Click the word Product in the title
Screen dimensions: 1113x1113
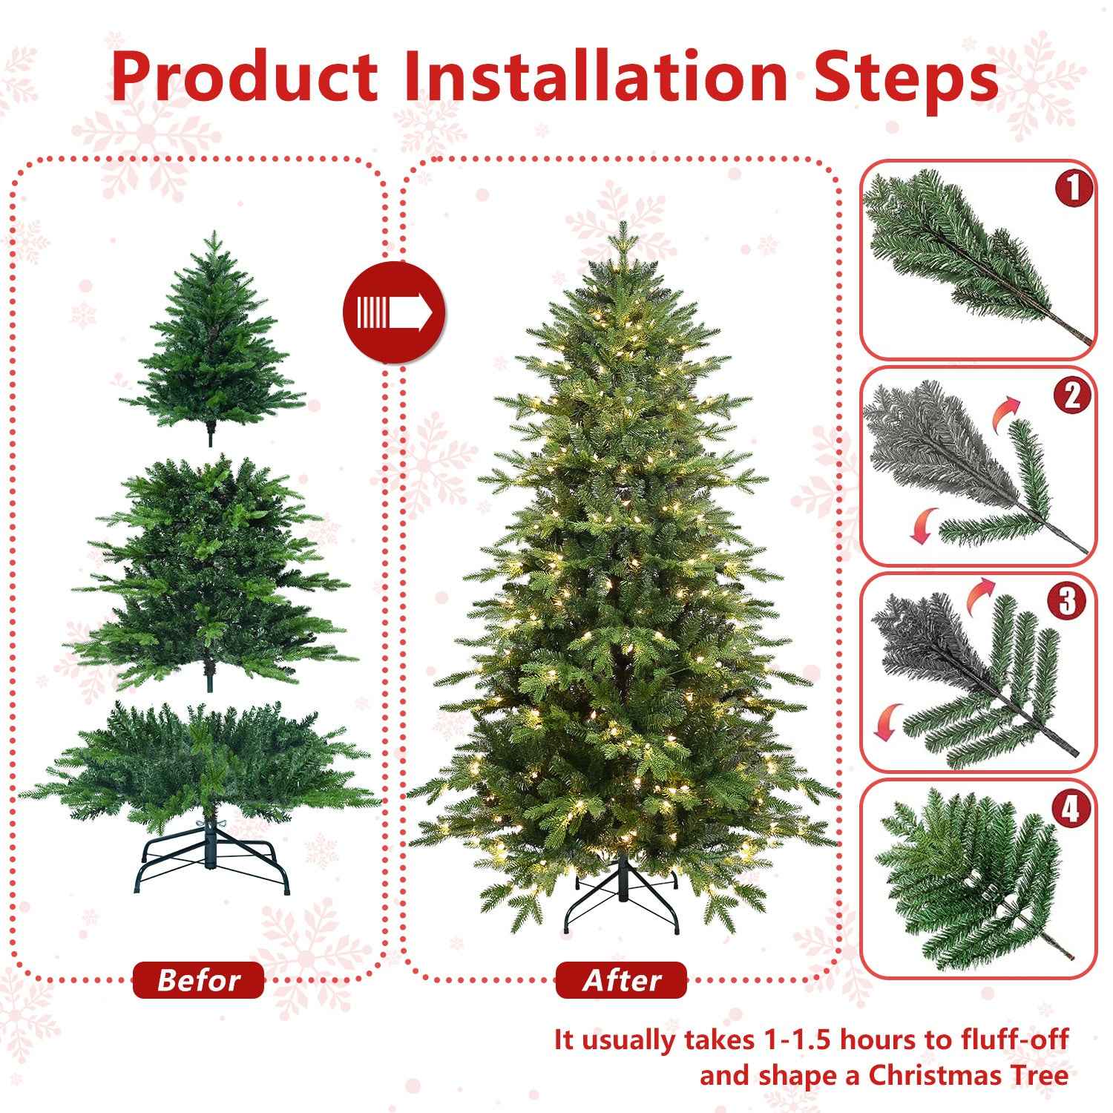245,76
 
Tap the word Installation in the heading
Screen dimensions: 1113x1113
595,76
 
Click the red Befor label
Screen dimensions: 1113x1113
198,980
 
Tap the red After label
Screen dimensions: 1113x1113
621,980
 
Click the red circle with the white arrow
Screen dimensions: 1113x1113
393,312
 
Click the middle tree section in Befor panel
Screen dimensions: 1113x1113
211,571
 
